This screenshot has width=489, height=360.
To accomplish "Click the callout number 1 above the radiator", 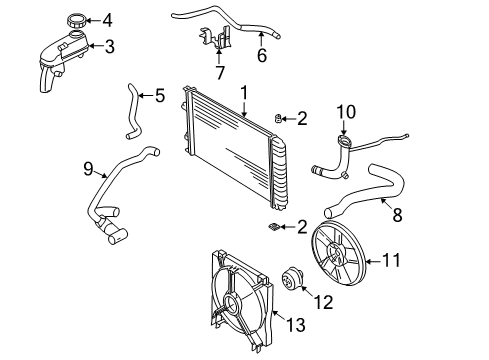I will (x=243, y=92).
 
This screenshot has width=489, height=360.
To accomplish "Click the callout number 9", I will (x=87, y=169).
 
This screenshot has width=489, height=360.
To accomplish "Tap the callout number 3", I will (x=110, y=46).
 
